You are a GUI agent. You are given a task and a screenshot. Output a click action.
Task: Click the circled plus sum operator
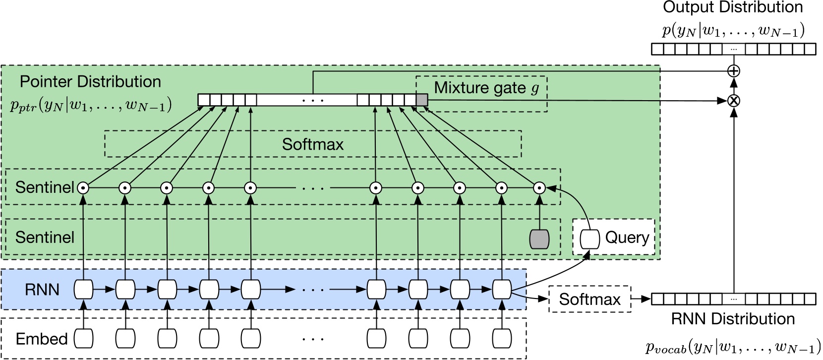(x=733, y=71)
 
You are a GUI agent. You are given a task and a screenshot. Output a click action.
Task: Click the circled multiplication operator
(x=733, y=101)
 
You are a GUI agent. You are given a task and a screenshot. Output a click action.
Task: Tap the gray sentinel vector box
(x=539, y=239)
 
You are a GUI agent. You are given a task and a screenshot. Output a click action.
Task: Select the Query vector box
(x=589, y=239)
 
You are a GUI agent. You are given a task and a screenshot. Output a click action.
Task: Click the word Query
(x=627, y=238)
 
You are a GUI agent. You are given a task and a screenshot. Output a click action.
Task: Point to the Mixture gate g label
(x=486, y=88)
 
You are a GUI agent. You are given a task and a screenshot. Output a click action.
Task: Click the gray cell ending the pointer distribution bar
(x=421, y=100)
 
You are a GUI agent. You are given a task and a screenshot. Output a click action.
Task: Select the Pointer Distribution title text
(x=90, y=82)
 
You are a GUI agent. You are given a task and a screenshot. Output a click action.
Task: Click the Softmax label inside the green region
(x=312, y=144)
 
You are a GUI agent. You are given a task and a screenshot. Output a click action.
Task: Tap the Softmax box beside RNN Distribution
(x=589, y=299)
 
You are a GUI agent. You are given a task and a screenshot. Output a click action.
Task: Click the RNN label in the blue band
(x=42, y=290)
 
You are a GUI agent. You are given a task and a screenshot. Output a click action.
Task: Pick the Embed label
(x=42, y=339)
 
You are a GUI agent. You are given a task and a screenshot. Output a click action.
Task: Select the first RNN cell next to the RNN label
(x=83, y=289)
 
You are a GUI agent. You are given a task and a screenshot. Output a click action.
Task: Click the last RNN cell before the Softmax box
(x=502, y=289)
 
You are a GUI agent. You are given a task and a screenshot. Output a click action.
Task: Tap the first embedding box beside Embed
(x=83, y=339)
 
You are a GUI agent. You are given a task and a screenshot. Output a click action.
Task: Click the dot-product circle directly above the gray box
(x=539, y=188)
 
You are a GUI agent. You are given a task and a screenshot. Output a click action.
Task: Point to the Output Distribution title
(x=733, y=7)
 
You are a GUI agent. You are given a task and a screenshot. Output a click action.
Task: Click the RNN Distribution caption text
(x=733, y=319)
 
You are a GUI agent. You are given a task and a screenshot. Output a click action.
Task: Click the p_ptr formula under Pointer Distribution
(x=91, y=105)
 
